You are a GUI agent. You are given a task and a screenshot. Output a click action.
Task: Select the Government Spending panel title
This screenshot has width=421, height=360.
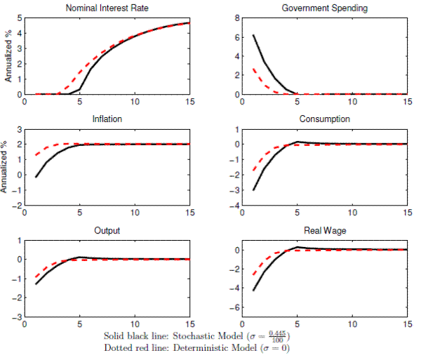(x=324, y=8)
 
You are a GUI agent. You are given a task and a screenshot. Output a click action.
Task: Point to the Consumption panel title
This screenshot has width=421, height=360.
(x=324, y=119)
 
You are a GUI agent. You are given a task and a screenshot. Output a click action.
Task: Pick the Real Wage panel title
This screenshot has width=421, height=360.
(x=324, y=230)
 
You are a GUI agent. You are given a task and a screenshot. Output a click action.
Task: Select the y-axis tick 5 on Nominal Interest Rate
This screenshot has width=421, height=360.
(x=18, y=18)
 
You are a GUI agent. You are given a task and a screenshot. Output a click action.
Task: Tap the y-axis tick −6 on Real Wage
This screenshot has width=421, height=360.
(x=234, y=308)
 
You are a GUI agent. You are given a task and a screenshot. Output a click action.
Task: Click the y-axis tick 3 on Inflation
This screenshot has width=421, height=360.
(x=18, y=130)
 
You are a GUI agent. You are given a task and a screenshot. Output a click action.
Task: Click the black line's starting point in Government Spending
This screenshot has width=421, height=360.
(x=253, y=34)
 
